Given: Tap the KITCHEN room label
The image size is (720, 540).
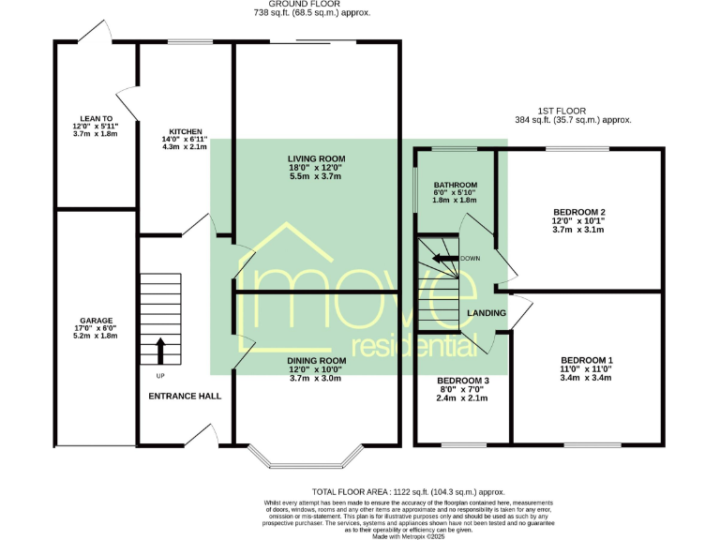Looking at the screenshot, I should click(185, 132).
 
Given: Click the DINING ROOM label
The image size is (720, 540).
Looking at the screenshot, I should click(317, 360).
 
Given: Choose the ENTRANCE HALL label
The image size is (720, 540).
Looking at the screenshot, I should click(185, 397).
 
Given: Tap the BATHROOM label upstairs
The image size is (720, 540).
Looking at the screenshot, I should click(455, 185).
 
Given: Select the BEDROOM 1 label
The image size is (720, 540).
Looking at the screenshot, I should click(587, 360).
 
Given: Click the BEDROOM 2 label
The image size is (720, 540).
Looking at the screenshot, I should click(579, 213).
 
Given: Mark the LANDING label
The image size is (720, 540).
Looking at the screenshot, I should click(487, 313).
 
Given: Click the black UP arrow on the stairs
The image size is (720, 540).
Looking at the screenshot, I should click(159, 352).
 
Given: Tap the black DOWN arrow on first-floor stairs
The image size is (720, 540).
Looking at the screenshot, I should click(444, 258).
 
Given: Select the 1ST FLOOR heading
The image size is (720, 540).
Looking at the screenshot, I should click(573, 110).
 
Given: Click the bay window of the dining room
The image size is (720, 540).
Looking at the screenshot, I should click(310, 460).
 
